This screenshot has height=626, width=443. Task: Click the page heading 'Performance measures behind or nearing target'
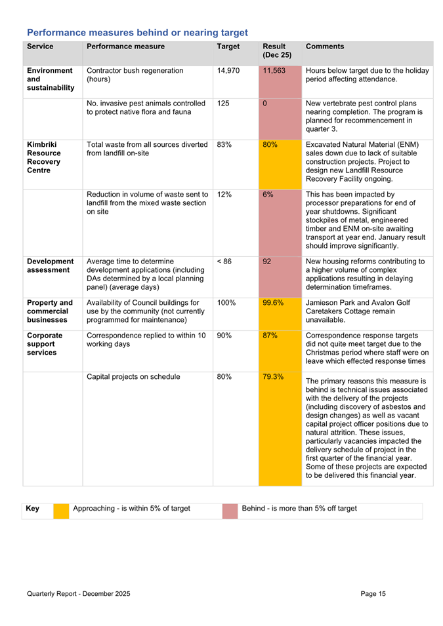tap(137, 32)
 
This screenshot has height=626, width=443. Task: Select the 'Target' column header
tap(228, 47)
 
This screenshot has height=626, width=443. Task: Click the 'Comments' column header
tap(326, 47)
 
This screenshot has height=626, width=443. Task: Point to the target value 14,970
tap(228, 70)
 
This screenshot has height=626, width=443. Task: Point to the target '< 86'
tap(224, 262)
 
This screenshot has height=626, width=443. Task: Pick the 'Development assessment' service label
tap(50, 266)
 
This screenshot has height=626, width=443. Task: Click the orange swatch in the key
tap(61, 510)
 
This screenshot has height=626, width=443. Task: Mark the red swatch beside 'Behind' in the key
tap(230, 510)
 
